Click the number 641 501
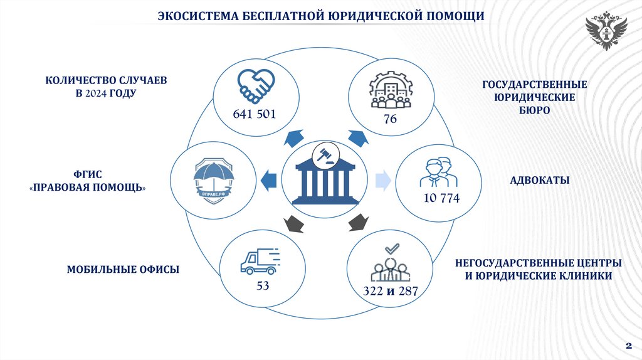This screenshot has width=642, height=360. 254,114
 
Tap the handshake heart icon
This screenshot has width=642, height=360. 255,87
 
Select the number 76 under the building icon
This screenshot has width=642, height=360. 390,119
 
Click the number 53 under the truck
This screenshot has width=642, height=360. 263,286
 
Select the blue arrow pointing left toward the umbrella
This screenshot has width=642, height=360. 268,179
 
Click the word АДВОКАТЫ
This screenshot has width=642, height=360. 539,181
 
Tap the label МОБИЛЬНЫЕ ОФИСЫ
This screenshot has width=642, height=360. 124,270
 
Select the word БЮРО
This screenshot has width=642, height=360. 534,110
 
